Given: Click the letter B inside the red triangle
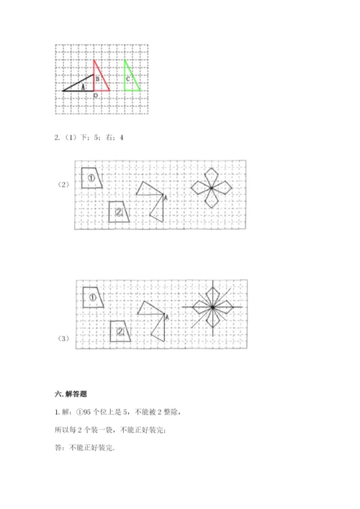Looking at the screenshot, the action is pos(97,79).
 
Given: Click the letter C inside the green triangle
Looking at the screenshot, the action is pos(128,79).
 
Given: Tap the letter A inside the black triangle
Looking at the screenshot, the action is pos(83,87).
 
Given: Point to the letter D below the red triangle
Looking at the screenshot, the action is pos(96,96).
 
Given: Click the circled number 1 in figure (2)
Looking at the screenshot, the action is pos(91,178).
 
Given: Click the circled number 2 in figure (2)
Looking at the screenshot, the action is pos(119,212).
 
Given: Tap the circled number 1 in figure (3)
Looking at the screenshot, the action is pos(92,297).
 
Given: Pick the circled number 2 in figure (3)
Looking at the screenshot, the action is pos(120,331).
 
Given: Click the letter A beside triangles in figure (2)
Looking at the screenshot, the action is pos(165,198).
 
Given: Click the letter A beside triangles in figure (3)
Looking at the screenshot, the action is pos(166,317).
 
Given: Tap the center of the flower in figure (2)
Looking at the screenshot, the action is pos(212,188).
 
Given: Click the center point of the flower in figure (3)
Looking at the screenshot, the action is pos(212,307).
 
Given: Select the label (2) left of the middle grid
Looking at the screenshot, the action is pos(63,184).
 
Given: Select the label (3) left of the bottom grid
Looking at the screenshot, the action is pos(63,338).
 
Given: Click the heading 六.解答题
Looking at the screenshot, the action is pos(71,394).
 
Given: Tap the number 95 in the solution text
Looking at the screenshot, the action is pos(87,412).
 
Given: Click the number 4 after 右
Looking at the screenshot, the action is pos(122,138).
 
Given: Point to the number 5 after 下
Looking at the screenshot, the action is pos(96,138).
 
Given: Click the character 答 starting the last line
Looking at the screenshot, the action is pos(58,448).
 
